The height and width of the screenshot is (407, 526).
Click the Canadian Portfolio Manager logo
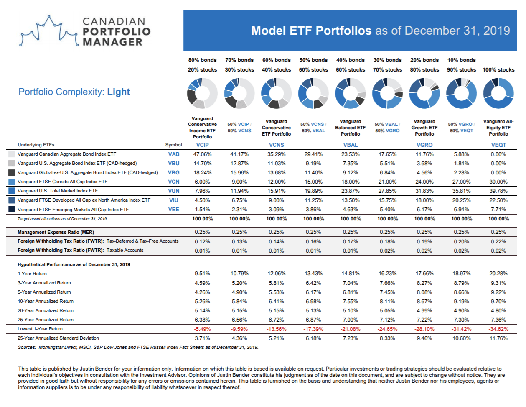(x=85, y=31)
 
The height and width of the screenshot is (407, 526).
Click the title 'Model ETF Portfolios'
(x=311, y=31)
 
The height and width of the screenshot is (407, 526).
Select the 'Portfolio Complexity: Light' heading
(x=74, y=92)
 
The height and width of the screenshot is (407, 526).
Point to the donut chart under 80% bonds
(x=202, y=93)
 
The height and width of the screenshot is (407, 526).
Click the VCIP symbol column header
(x=202, y=145)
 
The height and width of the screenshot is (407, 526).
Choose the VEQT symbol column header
(x=498, y=145)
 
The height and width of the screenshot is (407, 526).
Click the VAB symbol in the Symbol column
(x=174, y=154)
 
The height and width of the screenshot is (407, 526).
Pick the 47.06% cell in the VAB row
(x=202, y=154)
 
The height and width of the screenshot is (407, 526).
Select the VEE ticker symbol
(x=174, y=209)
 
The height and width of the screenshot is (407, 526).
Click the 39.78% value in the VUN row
(x=498, y=191)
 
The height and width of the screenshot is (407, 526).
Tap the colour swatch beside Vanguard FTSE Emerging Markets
(x=12, y=209)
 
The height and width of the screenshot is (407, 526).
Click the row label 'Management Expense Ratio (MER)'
(x=56, y=232)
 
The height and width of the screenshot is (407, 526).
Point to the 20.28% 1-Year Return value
(x=498, y=274)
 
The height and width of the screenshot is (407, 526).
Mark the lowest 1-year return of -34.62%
(x=498, y=329)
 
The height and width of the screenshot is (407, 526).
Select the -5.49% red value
(x=202, y=329)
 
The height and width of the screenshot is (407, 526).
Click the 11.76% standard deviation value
(x=498, y=338)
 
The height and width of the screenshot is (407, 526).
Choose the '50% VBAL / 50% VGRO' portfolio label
(x=387, y=128)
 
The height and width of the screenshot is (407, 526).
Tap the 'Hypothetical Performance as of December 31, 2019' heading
(x=74, y=264)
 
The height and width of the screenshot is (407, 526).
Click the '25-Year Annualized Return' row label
(x=46, y=320)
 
